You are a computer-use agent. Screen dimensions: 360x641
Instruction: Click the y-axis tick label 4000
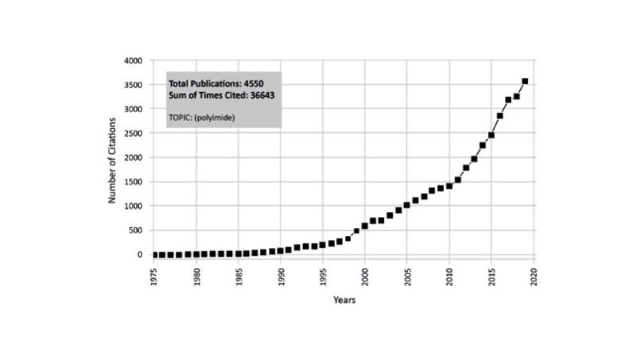131,60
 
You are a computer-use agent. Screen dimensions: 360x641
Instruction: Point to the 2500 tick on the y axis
131,134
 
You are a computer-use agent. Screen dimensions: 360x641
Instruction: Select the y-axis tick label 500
134,230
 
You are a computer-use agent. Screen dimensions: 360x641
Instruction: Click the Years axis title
344,300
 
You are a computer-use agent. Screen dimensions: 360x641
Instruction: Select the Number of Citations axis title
113,160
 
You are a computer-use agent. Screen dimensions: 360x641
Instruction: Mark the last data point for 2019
525,81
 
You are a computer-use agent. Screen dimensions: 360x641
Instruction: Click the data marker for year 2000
365,226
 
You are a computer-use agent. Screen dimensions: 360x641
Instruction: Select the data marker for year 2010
449,186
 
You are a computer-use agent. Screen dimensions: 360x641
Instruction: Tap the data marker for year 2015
491,135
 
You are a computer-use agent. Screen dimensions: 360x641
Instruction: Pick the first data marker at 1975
154,254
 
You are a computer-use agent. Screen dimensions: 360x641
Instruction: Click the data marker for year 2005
407,205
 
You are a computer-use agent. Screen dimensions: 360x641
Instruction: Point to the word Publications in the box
219,83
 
